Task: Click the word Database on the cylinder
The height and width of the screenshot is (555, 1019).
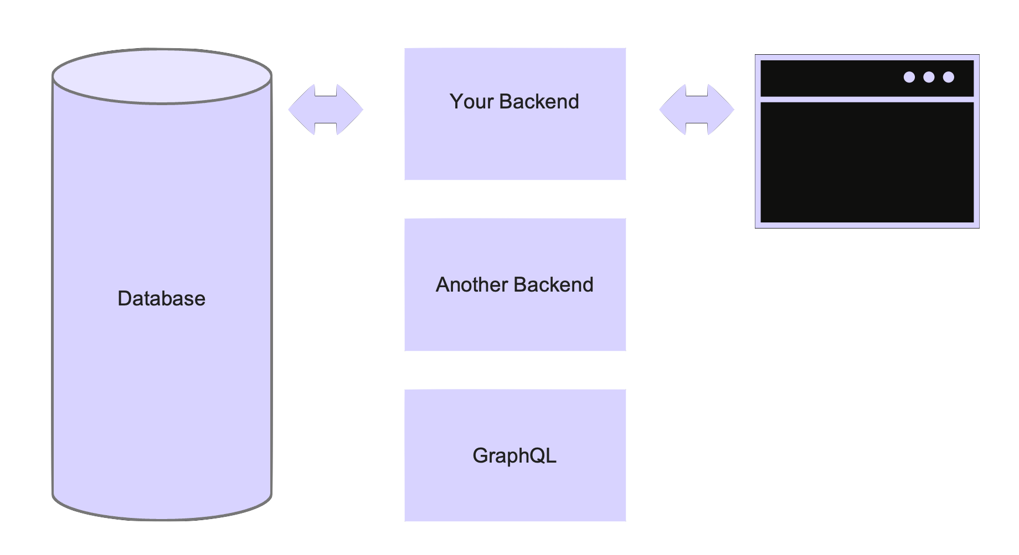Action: tap(161, 299)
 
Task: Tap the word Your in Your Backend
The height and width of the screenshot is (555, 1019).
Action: tap(471, 102)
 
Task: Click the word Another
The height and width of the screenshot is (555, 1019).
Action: tap(471, 285)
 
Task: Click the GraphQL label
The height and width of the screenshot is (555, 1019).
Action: tap(514, 456)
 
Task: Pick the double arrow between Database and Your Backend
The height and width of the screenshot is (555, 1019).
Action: tap(326, 110)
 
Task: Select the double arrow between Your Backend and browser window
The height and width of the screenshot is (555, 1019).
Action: tap(697, 110)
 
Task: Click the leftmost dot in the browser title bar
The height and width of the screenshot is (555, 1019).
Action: tap(909, 77)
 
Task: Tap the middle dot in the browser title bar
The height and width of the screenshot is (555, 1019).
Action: tap(929, 77)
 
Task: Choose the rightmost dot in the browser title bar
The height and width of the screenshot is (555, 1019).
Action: tap(949, 77)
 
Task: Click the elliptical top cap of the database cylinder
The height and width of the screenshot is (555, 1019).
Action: tap(162, 76)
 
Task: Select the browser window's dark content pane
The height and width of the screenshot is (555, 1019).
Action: tap(867, 162)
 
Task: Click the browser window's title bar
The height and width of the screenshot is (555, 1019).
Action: tap(831, 78)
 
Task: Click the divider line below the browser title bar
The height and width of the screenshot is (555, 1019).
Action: tap(867, 99)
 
